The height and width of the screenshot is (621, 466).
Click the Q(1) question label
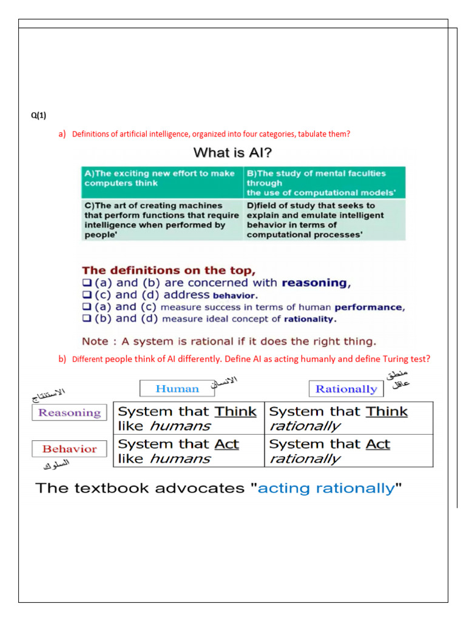point(38,116)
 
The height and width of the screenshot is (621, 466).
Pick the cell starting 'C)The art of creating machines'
point(161,220)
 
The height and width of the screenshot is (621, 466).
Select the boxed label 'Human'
point(177,389)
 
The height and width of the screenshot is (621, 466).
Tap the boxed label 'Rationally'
point(346,389)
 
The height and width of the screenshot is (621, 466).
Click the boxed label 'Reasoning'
point(69,412)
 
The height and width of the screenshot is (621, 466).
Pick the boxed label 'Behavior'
point(69,449)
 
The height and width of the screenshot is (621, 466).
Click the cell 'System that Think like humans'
point(189,418)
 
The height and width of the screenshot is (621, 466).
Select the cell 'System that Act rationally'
point(348,451)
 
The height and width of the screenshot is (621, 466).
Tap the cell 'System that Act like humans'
point(189,451)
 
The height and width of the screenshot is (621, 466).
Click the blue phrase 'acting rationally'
point(326,488)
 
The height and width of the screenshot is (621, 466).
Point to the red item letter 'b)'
point(62,359)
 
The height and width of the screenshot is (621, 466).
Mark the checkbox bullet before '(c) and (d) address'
point(86,295)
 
